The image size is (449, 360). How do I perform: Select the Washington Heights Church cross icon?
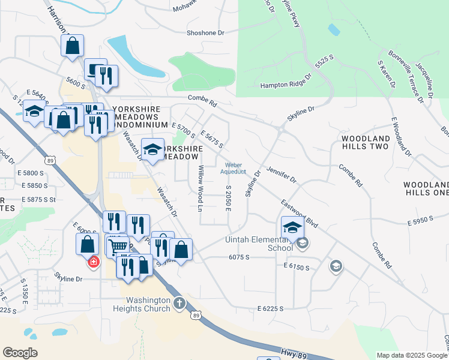tap(179, 304)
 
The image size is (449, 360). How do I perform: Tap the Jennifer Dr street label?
tap(282, 175)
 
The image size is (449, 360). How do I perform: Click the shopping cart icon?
tap(119, 245)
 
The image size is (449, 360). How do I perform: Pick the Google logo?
tap(20, 353)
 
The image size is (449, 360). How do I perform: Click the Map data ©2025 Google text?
tap(412, 355)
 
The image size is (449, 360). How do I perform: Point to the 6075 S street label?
tap(238, 257)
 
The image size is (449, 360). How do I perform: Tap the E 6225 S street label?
tap(270, 308)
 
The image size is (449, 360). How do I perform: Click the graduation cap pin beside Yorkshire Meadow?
tap(152, 149)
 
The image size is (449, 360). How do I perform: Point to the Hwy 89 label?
tap(294, 355)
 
